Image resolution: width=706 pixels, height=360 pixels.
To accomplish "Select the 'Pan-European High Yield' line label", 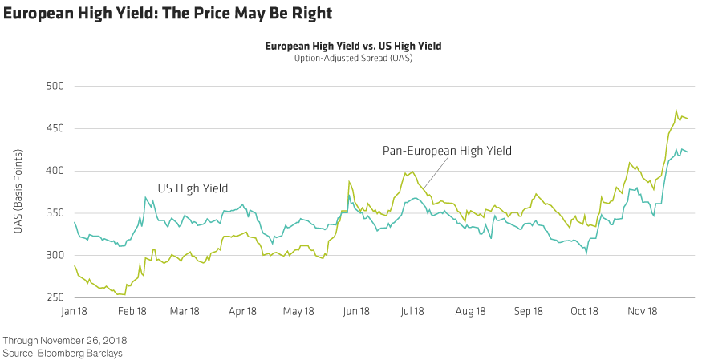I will (x=448, y=150).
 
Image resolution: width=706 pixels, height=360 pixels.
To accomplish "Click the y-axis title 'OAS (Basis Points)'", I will (x=17, y=192).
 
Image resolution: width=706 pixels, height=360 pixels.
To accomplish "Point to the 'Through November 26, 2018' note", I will (x=64, y=341).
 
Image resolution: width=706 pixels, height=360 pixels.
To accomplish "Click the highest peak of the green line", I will (x=676, y=111).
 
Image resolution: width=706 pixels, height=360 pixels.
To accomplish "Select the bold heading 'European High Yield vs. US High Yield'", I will (x=353, y=47).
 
